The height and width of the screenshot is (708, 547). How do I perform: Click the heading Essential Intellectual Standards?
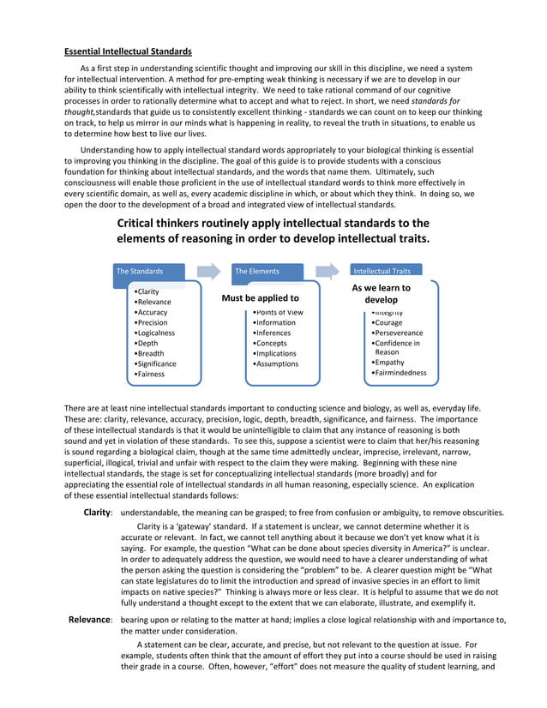pos(128,51)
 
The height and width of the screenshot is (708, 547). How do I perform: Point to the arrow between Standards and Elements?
pos(208,271)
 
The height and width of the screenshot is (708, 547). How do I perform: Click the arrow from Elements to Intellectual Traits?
pos(327,271)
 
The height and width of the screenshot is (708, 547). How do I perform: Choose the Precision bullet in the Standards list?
pos(152,323)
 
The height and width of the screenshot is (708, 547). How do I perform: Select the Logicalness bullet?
pos(155,333)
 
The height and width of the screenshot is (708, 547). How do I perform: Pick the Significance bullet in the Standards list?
pos(157,364)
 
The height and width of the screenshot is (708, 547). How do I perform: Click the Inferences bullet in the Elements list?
pos(273,333)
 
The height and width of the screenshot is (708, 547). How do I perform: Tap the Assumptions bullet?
pos(276,364)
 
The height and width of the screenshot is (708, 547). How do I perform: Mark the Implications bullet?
pos(275,354)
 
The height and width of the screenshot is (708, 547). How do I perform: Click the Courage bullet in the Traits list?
pos(388,323)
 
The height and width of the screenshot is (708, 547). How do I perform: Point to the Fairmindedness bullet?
pos(399,373)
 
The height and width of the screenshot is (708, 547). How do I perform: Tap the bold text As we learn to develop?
pos(382,294)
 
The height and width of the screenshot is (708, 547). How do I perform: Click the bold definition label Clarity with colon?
pos(97,513)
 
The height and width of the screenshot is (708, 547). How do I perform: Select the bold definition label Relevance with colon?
pos(90,620)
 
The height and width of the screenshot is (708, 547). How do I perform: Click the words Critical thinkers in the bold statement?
pos(165,224)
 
